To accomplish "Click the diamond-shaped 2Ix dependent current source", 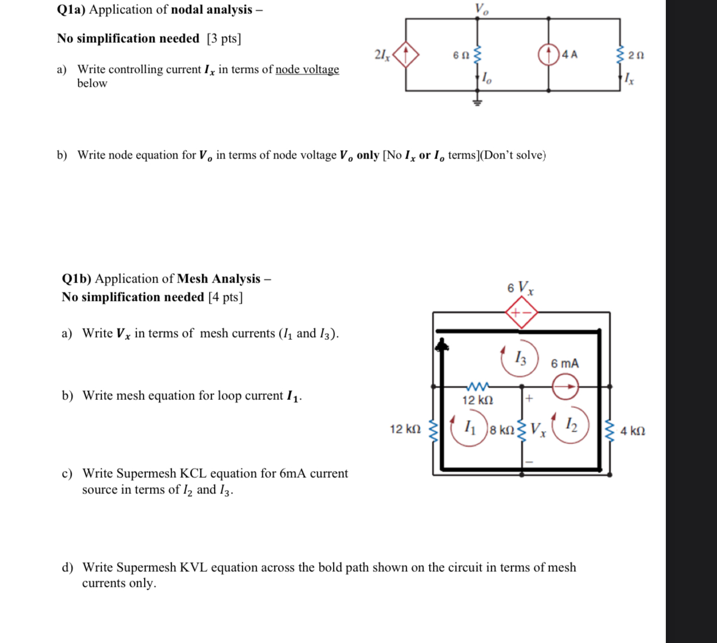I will point(406,55).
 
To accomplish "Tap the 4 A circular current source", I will point(549,55).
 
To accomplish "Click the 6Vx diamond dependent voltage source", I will point(521,313).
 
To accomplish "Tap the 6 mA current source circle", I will point(565,386).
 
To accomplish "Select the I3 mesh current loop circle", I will point(520,358).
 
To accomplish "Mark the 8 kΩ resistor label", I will point(502,431).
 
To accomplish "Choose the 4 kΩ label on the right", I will point(633,431).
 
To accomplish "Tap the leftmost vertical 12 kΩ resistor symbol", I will point(434,430).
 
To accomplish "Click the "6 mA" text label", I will point(565,364).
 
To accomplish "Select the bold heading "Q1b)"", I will point(77,279).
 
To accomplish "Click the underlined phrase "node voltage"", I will point(307,70).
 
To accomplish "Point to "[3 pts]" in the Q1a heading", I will point(224,38).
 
